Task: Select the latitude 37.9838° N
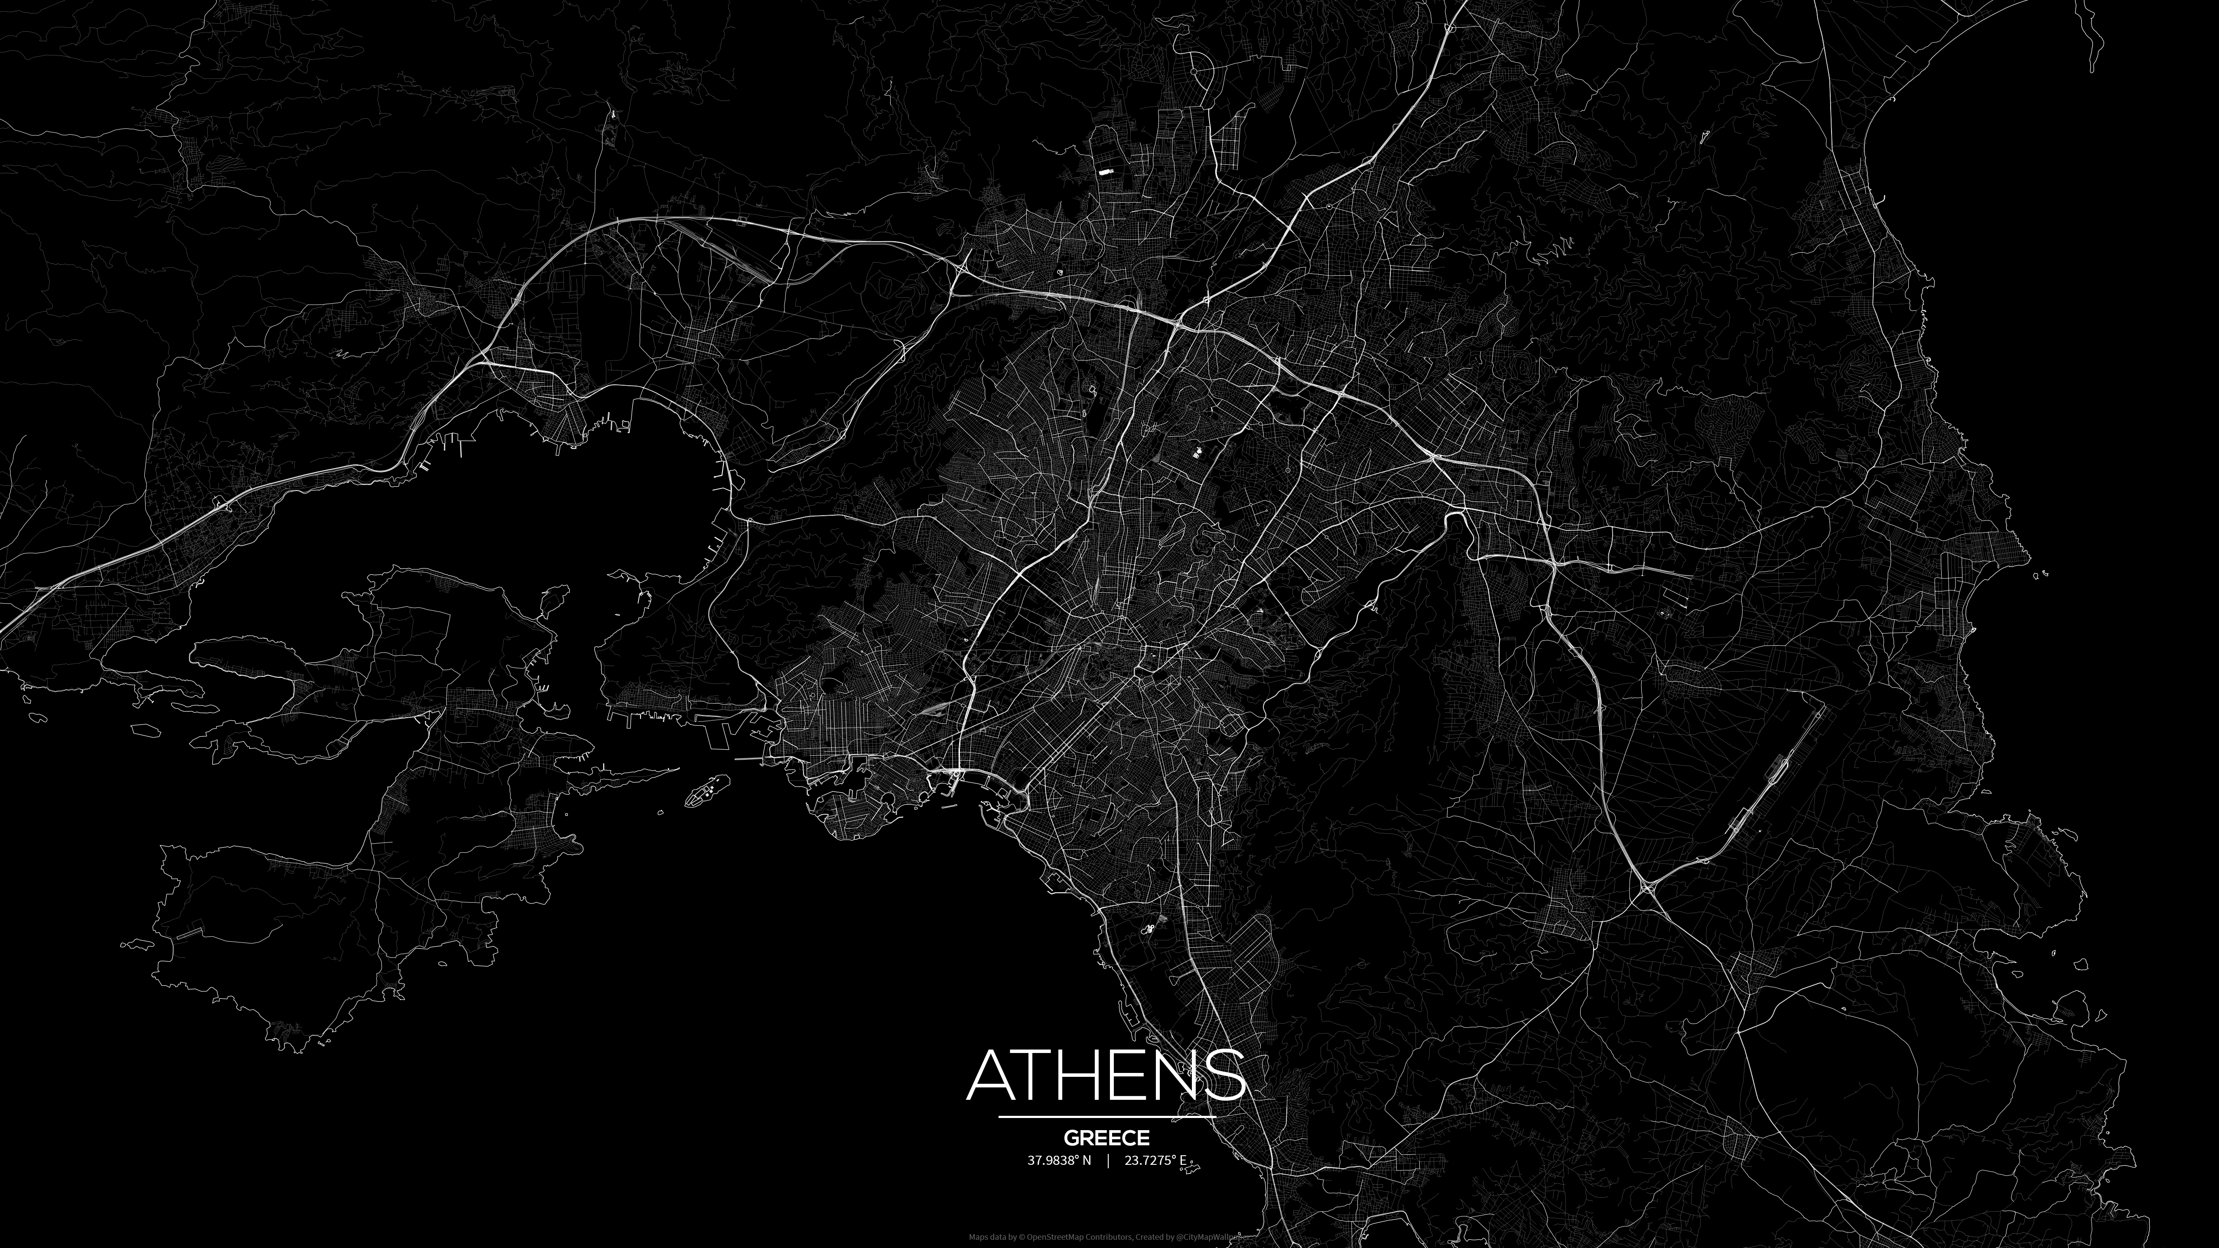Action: click(1059, 1160)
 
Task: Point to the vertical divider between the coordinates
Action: click(1108, 1160)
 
